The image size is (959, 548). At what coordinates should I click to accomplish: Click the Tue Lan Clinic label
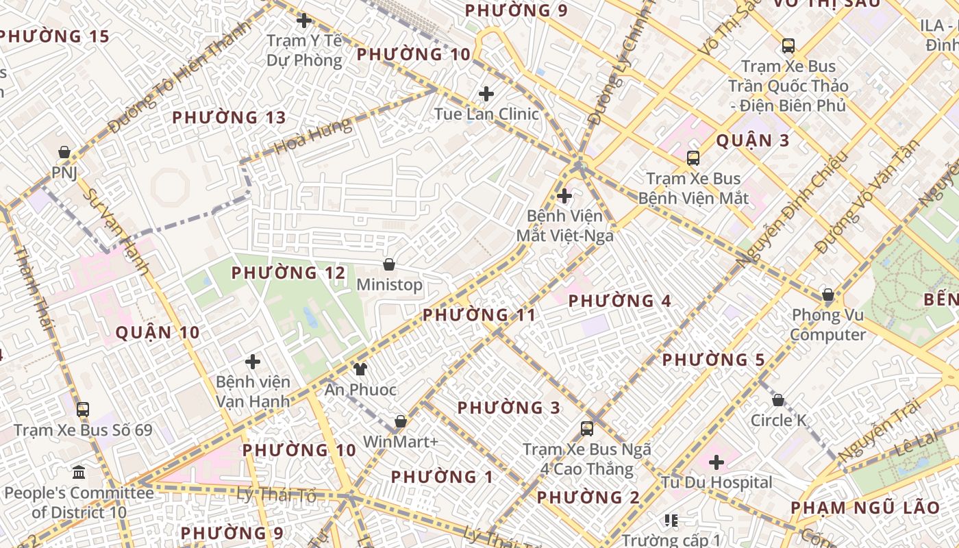tap(486, 113)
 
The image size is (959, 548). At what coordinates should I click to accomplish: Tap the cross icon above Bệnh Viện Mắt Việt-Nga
tap(564, 197)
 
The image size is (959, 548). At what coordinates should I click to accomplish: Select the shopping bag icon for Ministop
tap(389, 264)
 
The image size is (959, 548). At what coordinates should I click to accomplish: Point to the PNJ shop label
tap(64, 171)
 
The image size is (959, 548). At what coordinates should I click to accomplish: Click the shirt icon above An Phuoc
tap(360, 370)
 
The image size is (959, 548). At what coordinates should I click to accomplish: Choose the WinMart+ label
tap(400, 442)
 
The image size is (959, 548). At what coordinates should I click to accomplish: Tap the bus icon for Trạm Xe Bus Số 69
tap(83, 410)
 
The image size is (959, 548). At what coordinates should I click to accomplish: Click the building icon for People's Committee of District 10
tap(79, 473)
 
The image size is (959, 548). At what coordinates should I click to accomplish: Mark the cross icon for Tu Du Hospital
tap(717, 462)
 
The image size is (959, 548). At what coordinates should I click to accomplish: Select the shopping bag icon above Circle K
tap(778, 400)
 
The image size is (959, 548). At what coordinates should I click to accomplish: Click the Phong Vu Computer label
tap(828, 325)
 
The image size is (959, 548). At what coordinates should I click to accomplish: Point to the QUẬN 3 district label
tap(753, 141)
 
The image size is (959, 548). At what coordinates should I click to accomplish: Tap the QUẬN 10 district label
tap(158, 333)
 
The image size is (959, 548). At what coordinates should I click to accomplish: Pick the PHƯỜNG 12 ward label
tap(288, 273)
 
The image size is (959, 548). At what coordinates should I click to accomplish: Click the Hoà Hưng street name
tap(313, 136)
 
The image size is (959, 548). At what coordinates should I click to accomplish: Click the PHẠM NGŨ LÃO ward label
tap(866, 508)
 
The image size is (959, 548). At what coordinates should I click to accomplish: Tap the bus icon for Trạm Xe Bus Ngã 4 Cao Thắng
tap(587, 429)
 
